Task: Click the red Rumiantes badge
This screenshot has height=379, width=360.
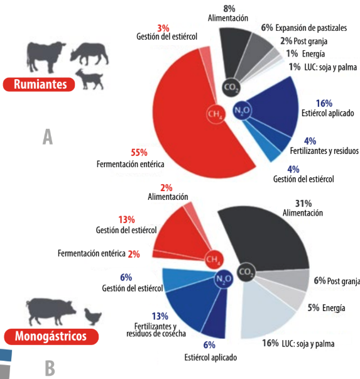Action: coord(39,84)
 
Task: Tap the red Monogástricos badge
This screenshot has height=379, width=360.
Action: coord(52,336)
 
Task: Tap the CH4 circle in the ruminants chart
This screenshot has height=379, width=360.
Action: coord(215,114)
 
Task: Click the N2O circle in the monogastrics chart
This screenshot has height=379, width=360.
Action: coord(224,279)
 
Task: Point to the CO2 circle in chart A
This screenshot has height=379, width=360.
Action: coord(231,87)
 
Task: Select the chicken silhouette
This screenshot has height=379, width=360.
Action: coord(93,317)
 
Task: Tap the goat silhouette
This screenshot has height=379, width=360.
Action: coord(90,79)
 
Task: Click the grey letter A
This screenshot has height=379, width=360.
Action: coord(48,136)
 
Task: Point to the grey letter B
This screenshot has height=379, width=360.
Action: coord(50,368)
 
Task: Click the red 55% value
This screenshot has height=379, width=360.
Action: coord(139,153)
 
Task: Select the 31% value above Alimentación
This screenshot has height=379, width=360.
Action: coord(303,204)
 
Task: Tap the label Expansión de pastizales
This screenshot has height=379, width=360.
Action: coord(311,28)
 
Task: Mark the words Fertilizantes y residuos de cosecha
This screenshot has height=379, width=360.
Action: coord(156,330)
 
